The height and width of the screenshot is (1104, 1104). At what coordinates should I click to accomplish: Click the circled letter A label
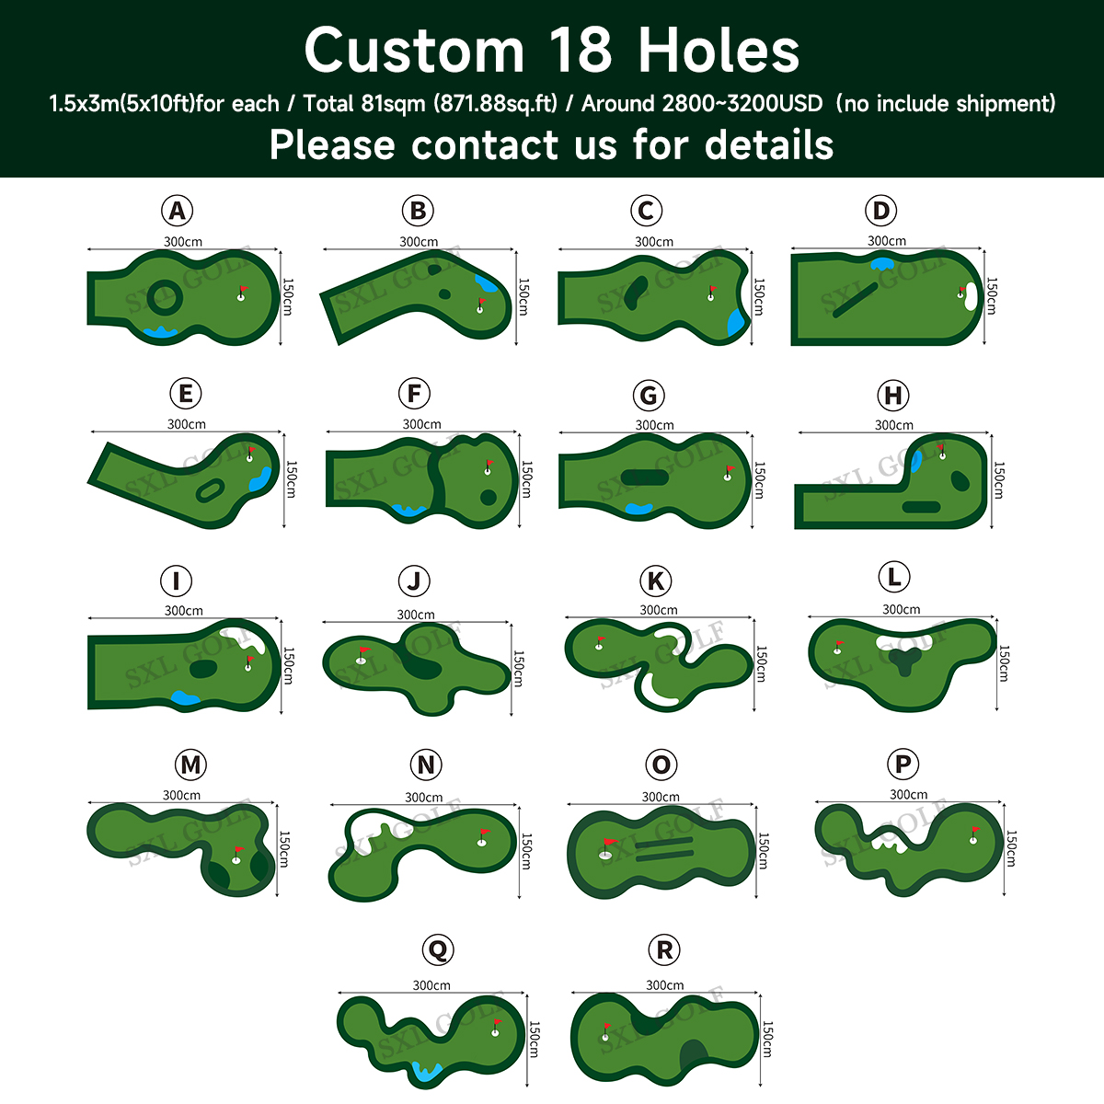(177, 212)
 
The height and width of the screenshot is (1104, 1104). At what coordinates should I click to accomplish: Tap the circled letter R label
(664, 950)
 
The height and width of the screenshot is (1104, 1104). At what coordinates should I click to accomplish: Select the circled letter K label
(656, 581)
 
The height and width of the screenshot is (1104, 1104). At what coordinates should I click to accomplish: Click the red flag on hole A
(244, 290)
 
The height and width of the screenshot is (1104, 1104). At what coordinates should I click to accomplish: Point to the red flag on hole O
(608, 843)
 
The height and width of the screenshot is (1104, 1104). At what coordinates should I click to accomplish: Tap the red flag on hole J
(362, 651)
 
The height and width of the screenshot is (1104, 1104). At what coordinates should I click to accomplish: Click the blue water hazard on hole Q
(426, 1071)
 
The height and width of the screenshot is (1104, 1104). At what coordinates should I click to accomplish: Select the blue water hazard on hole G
(638, 507)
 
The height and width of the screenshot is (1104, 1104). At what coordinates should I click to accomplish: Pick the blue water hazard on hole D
(882, 264)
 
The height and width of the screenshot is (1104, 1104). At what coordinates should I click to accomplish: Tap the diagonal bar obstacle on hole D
(855, 300)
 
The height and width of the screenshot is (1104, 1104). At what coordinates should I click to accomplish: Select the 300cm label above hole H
(893, 425)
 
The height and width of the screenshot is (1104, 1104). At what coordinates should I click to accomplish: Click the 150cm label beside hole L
(1004, 663)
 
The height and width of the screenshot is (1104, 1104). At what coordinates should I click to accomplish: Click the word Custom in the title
(414, 51)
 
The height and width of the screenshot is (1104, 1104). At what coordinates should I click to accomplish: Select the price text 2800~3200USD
(742, 103)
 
